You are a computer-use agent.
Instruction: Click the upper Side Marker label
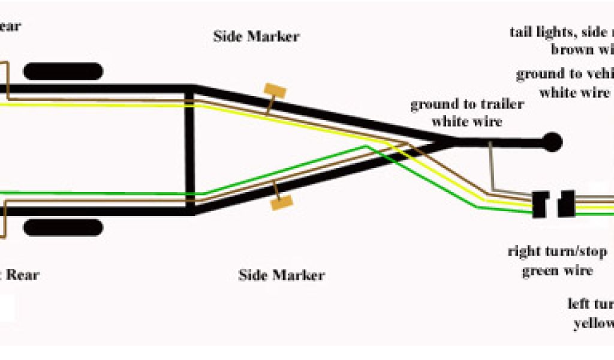[x=256, y=36]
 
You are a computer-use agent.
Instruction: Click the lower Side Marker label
[x=281, y=275]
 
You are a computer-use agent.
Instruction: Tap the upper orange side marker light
[x=275, y=93]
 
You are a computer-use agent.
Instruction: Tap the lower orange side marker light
[x=281, y=202]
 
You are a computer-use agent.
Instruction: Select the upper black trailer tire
[x=63, y=72]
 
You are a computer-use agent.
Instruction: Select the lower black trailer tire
[x=63, y=227]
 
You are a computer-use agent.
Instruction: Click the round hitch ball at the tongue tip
[x=552, y=142]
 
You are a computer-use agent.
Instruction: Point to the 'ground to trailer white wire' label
[x=466, y=113]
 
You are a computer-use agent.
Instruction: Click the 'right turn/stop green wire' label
[x=557, y=260]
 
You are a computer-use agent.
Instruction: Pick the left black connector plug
[x=541, y=204]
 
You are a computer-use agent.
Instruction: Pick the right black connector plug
[x=566, y=204]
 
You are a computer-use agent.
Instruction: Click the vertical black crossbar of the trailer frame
[x=190, y=150]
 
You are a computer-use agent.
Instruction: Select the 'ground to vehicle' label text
[x=564, y=74]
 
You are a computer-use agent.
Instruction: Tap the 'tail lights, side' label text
[x=561, y=32]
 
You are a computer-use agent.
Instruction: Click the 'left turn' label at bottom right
[x=590, y=304]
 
